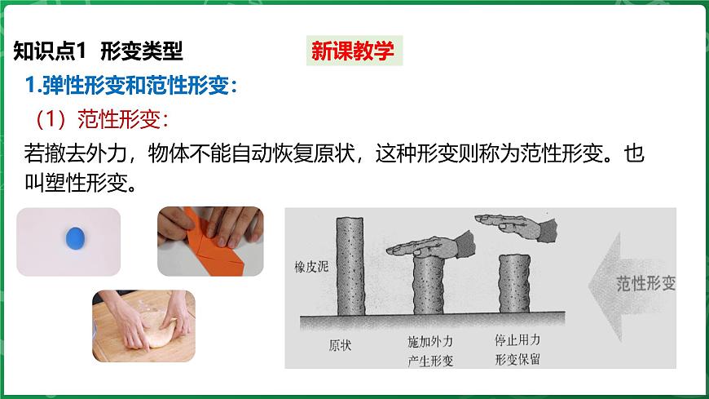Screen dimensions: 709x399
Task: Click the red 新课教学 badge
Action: (x=354, y=51)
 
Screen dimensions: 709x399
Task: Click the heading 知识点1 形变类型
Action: (x=98, y=51)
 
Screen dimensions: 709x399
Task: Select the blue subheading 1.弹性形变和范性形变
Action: (x=131, y=85)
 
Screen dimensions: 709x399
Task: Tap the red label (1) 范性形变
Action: (x=102, y=119)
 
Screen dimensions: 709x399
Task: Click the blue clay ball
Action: (x=75, y=238)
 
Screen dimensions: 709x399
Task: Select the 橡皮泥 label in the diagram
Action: (x=311, y=267)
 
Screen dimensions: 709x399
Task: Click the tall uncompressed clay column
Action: (x=350, y=266)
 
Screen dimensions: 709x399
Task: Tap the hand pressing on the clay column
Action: (x=431, y=246)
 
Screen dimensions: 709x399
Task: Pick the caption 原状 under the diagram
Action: (x=340, y=345)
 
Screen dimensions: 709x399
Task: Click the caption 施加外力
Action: (x=430, y=342)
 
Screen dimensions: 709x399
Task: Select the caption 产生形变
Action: (x=430, y=361)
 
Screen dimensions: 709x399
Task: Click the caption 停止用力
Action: (x=517, y=339)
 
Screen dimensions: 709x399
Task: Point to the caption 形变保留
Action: (x=517, y=359)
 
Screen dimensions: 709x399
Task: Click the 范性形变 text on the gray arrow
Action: (x=645, y=283)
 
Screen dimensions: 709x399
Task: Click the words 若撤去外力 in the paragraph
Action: (x=76, y=153)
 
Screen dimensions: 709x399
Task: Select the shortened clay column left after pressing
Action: (x=514, y=284)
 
